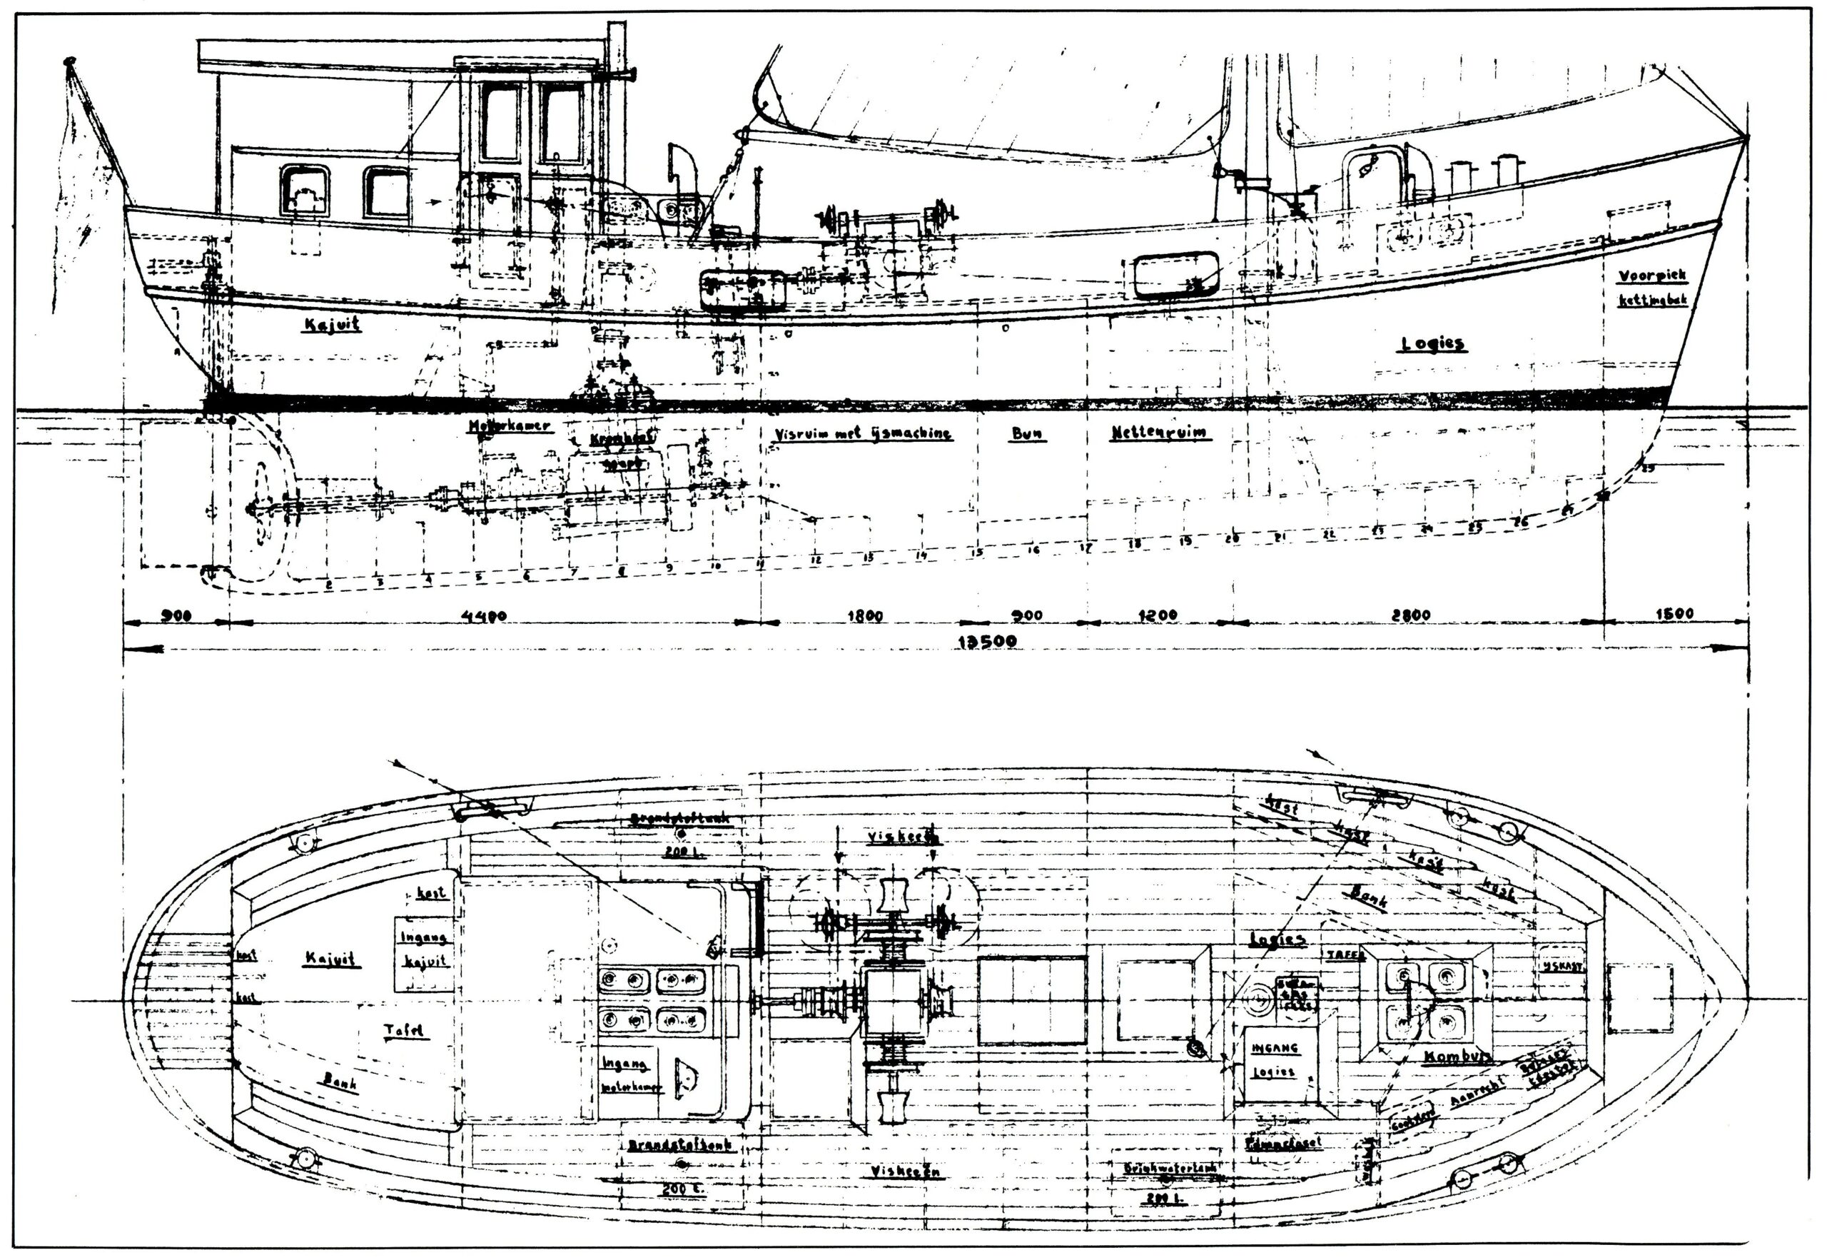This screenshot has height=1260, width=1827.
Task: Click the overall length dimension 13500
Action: (986, 641)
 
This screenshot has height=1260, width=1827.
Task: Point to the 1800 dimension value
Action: (865, 616)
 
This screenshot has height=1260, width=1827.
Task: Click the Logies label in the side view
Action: (1432, 343)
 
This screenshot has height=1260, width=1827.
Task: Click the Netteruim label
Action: (1160, 433)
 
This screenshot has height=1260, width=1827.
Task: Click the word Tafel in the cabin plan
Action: (404, 1030)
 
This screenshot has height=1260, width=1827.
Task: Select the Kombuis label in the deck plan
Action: (1457, 1057)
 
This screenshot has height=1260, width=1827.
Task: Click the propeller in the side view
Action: (260, 505)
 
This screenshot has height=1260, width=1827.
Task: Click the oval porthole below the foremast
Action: (1176, 275)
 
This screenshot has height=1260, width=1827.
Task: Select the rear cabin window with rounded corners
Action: (305, 191)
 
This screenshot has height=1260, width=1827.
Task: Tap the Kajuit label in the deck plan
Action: (331, 959)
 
